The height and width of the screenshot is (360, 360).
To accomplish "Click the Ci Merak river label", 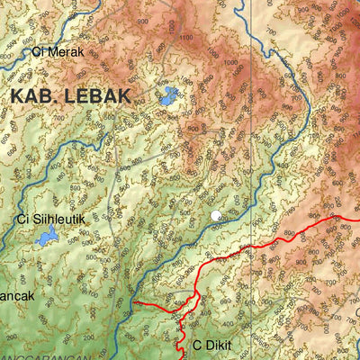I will pos(57,51).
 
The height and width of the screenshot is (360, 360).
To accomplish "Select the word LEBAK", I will pos(98,95).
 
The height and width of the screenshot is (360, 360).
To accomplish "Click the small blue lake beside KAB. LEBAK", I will pos(167,96).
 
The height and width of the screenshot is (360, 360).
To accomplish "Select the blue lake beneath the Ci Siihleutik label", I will pos(45,238).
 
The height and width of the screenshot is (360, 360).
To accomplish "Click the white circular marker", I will pos(216,215).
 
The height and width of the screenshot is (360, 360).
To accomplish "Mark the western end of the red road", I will pos(135,303).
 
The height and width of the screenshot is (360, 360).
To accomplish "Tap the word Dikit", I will pos(220,345).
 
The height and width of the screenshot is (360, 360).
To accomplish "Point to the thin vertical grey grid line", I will pos(253,135).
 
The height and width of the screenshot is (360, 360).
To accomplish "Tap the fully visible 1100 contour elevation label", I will pos(186,38).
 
